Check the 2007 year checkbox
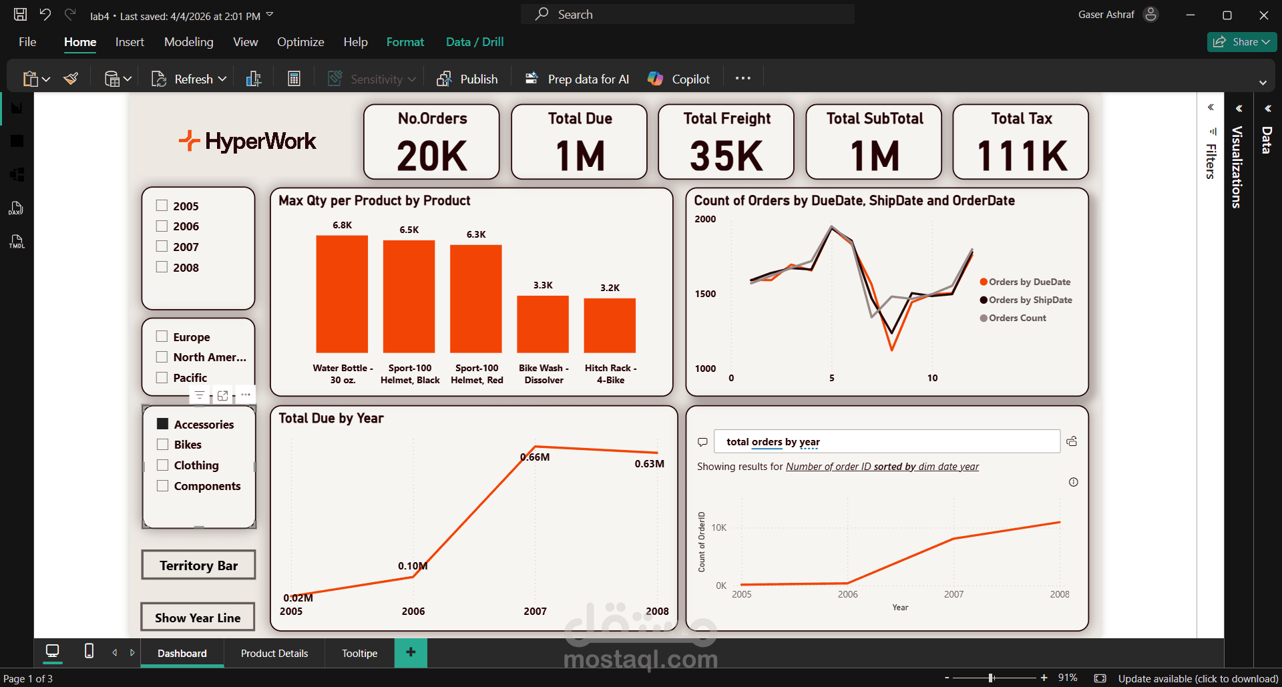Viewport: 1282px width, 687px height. point(162,246)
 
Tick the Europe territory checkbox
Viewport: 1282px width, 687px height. point(162,336)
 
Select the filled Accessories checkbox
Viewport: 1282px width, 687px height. point(162,424)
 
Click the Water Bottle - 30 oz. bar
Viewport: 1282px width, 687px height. point(342,294)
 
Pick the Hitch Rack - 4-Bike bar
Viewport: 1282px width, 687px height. point(610,325)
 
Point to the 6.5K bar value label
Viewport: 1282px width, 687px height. point(409,230)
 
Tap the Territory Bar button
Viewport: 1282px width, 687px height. point(198,565)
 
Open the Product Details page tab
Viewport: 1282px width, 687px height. point(274,653)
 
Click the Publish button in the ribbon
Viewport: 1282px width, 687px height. point(468,79)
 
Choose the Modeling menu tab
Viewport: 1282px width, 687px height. point(189,42)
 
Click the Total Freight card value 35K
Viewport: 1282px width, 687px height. point(726,156)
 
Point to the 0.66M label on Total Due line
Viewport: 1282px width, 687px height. point(535,457)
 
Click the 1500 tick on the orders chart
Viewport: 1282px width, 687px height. point(705,294)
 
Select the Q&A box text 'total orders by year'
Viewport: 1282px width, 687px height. point(773,442)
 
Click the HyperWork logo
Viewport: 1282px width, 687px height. point(248,141)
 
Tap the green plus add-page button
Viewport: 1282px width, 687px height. point(411,652)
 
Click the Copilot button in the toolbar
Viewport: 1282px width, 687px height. point(678,79)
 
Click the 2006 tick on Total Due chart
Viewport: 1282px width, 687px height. point(413,611)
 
